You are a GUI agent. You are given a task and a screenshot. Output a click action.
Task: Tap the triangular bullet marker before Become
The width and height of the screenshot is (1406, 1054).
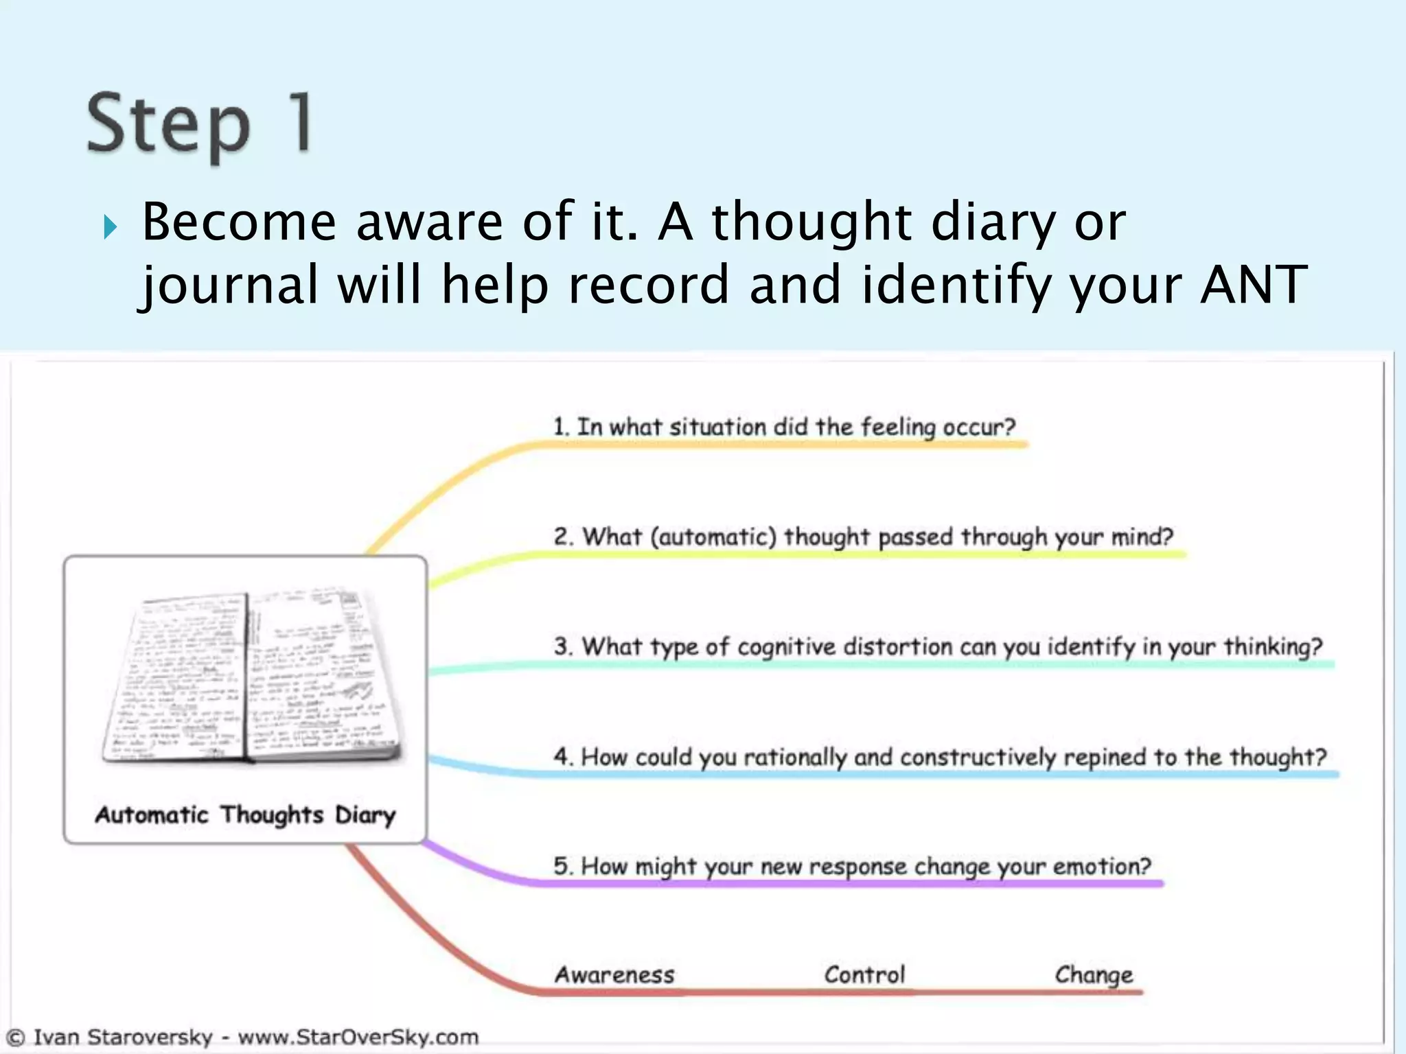[110, 226]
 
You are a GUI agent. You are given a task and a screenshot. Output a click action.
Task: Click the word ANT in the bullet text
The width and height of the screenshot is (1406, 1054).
[1253, 284]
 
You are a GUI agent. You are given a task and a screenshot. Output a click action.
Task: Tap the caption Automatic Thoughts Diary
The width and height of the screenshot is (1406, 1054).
[245, 815]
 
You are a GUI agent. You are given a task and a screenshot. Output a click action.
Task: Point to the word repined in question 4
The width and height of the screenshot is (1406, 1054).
[1105, 757]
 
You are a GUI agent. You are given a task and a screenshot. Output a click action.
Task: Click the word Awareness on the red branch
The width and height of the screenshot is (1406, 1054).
[614, 975]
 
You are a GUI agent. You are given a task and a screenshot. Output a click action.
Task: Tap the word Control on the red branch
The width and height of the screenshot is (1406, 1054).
[864, 975]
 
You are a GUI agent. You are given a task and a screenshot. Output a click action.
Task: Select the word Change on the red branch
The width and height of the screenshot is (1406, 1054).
[1094, 975]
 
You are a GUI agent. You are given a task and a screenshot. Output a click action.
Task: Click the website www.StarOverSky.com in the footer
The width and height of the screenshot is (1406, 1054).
[358, 1037]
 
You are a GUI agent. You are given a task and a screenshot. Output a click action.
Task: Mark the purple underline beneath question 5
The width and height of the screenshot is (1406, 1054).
[851, 884]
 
